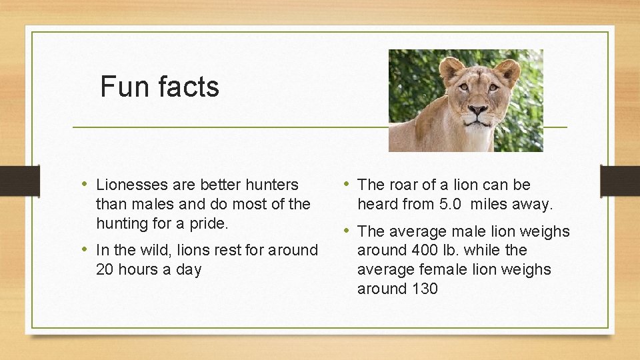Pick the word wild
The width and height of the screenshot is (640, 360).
(x=154, y=250)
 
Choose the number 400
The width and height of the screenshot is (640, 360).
(x=415, y=250)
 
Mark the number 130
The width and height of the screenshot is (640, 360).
(x=424, y=289)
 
